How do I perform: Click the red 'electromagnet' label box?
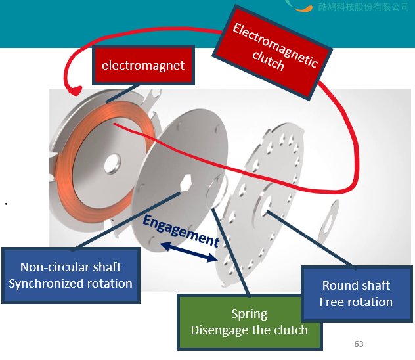[143, 65]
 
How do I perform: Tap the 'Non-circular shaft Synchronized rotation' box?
[71, 275]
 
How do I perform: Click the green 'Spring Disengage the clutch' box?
[249, 322]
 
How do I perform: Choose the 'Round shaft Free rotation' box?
[356, 294]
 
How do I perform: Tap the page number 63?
[359, 344]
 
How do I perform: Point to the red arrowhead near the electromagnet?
[74, 89]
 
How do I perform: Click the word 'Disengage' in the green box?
[221, 330]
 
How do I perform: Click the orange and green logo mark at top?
[299, 6]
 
